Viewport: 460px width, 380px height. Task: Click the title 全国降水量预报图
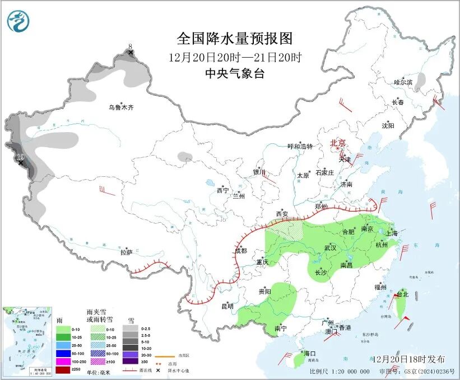235,38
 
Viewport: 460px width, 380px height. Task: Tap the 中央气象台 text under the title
235,73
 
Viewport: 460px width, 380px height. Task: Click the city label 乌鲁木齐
122,107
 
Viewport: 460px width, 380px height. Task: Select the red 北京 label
339,143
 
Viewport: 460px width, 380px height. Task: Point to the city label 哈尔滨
403,82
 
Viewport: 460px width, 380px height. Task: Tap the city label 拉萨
127,252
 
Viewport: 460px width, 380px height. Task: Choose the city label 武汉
331,247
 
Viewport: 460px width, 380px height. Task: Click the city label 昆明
227,306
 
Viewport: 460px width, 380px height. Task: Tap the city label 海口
310,354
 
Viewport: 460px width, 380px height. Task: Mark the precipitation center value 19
20,157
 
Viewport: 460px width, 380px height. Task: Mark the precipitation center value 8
131,47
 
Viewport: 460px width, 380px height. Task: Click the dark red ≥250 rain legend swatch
63,370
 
